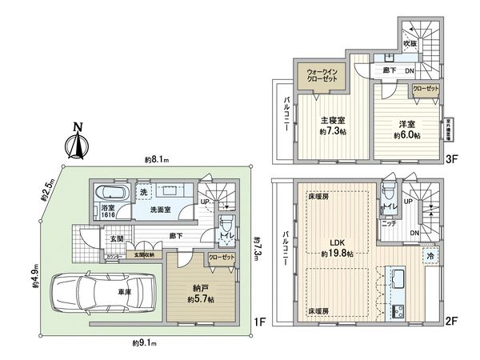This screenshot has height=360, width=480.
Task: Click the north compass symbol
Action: (x=78, y=142)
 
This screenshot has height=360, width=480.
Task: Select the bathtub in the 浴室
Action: (x=107, y=195)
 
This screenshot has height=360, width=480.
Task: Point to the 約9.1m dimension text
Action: (x=145, y=343)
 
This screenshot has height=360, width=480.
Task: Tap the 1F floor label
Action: (x=257, y=321)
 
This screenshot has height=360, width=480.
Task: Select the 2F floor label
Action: (x=450, y=321)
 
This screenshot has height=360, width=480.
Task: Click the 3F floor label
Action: (x=450, y=158)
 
